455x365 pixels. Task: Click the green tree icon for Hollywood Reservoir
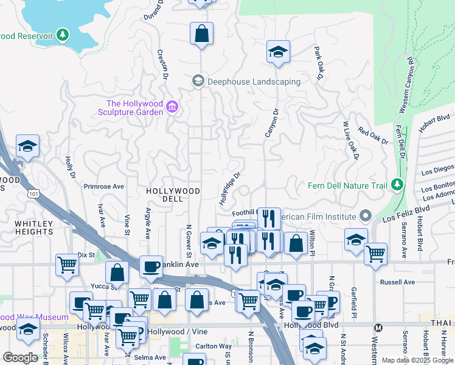pyautogui.click(x=63, y=36)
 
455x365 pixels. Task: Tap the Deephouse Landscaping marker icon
pyautogui.click(x=198, y=81)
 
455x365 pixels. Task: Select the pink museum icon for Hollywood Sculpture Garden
pyautogui.click(x=172, y=108)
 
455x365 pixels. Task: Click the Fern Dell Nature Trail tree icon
pyautogui.click(x=397, y=183)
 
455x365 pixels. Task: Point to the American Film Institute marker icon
pyautogui.click(x=365, y=216)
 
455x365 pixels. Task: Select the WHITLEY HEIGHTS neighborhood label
pyautogui.click(x=33, y=228)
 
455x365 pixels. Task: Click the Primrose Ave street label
pyautogui.click(x=103, y=186)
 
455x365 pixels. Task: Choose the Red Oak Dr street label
pyautogui.click(x=372, y=136)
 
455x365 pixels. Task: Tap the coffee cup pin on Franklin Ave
pyautogui.click(x=151, y=265)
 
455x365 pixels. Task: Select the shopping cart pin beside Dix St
pyautogui.click(x=67, y=264)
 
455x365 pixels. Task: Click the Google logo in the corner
pyautogui.click(x=20, y=357)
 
